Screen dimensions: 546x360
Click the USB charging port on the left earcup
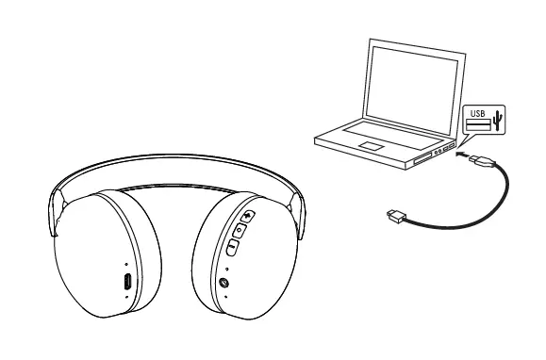pyautogui.click(x=127, y=282)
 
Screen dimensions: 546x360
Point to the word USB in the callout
pyautogui.click(x=478, y=113)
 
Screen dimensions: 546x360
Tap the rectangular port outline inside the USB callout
pyautogui.click(x=477, y=124)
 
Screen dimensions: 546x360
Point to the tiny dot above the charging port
pyautogui.click(x=126, y=265)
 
